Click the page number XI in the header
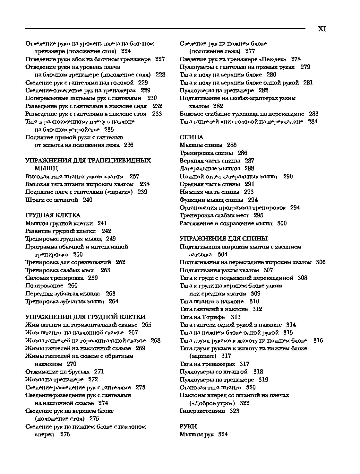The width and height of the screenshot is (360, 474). tap(322, 29)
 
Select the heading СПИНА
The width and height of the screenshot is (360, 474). tap(191, 137)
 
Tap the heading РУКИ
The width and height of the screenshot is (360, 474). tap(188, 426)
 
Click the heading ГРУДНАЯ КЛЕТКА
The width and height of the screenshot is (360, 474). tap(53, 215)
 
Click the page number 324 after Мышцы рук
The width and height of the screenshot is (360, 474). tap(223, 434)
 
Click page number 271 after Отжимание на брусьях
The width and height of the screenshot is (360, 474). tap(99, 372)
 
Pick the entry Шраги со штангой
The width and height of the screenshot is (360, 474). tap(52, 200)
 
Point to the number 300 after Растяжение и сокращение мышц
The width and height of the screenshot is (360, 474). tap(282, 223)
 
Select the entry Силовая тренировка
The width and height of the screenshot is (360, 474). tap(54, 278)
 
